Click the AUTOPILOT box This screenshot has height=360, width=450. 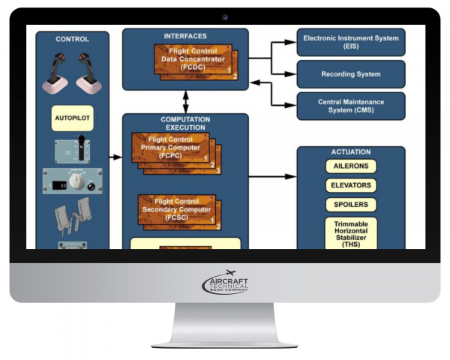click(x=73, y=118)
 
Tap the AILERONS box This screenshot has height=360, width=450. click(x=351, y=166)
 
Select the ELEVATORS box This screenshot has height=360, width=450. click(x=351, y=185)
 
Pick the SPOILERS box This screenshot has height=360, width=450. click(x=351, y=204)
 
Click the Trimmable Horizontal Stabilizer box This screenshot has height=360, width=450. click(x=351, y=232)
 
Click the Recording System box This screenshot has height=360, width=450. click(x=351, y=74)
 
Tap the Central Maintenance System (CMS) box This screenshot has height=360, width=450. click(x=351, y=106)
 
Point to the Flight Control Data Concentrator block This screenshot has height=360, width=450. click(x=184, y=60)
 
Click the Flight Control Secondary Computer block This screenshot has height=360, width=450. click(x=177, y=209)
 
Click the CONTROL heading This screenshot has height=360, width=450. click(x=72, y=39)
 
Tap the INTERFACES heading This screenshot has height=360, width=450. click(x=184, y=36)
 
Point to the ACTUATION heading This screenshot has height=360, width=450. click(x=351, y=152)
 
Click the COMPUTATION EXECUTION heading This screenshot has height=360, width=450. click(x=184, y=124)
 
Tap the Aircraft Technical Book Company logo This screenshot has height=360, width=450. click(x=225, y=283)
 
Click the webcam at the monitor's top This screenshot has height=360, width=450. click(x=225, y=16)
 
